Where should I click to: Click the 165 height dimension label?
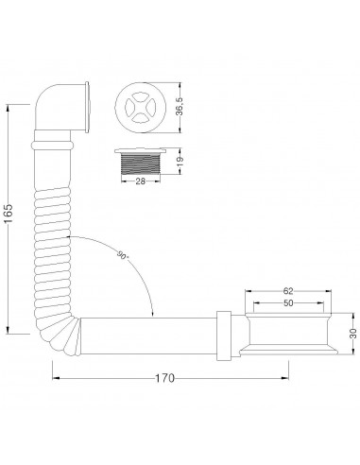coord(9,215)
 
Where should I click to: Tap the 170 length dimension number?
coord(164,378)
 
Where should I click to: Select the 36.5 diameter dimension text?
coord(180,107)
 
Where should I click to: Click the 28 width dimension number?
coord(140,181)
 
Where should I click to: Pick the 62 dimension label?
coord(288,290)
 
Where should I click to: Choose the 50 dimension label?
coord(288,303)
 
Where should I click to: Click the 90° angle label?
coord(123,255)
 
